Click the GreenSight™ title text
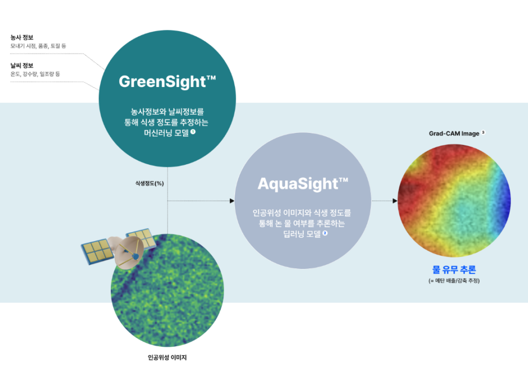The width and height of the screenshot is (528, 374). coord(168,82)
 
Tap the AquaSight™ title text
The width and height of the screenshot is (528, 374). coord(303,183)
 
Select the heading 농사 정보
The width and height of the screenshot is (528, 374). coord(22,37)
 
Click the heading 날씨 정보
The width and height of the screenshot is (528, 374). coord(22,65)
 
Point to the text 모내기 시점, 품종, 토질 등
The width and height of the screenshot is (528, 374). coord(38,46)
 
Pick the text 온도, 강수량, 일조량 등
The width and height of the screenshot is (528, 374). coord(35,74)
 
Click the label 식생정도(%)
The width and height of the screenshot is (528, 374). coord(150,183)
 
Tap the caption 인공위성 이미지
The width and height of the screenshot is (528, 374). coord(167,357)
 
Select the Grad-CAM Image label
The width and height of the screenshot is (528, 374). coord(454,133)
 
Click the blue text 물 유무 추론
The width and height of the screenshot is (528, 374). coord(454,269)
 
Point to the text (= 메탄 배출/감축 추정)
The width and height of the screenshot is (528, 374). coord(454,280)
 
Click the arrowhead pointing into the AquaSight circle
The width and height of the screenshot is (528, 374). coord(232,201)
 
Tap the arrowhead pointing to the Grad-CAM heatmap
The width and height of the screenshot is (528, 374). coord(395,201)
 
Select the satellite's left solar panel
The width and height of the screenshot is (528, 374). coord(96,251)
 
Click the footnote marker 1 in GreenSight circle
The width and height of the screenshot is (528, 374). coord(193,132)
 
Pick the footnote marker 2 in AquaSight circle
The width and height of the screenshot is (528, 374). coord(325,233)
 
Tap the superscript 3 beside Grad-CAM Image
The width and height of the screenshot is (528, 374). coord(483,132)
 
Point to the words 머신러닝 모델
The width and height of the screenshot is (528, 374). coord(166,133)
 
